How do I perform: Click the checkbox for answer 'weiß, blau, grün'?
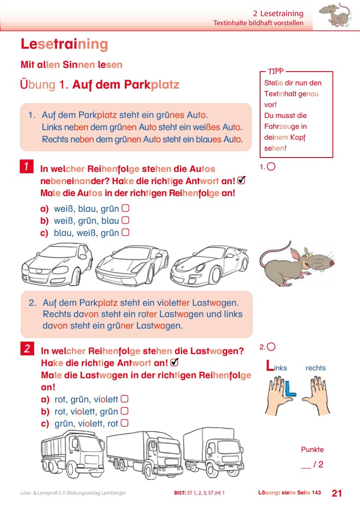click(x=126, y=208)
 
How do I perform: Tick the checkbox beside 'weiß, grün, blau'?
click(x=126, y=221)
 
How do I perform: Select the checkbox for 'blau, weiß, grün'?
click(x=126, y=233)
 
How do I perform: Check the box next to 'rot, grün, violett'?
click(x=125, y=399)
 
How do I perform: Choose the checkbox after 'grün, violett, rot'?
click(x=125, y=423)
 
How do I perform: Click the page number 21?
click(x=337, y=493)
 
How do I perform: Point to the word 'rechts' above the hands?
click(x=315, y=368)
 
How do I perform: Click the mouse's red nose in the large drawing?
click(x=332, y=263)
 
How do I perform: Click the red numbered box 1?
click(x=27, y=167)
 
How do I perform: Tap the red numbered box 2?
click(x=27, y=348)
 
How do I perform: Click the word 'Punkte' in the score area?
click(x=312, y=450)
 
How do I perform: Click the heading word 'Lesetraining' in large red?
click(x=64, y=44)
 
